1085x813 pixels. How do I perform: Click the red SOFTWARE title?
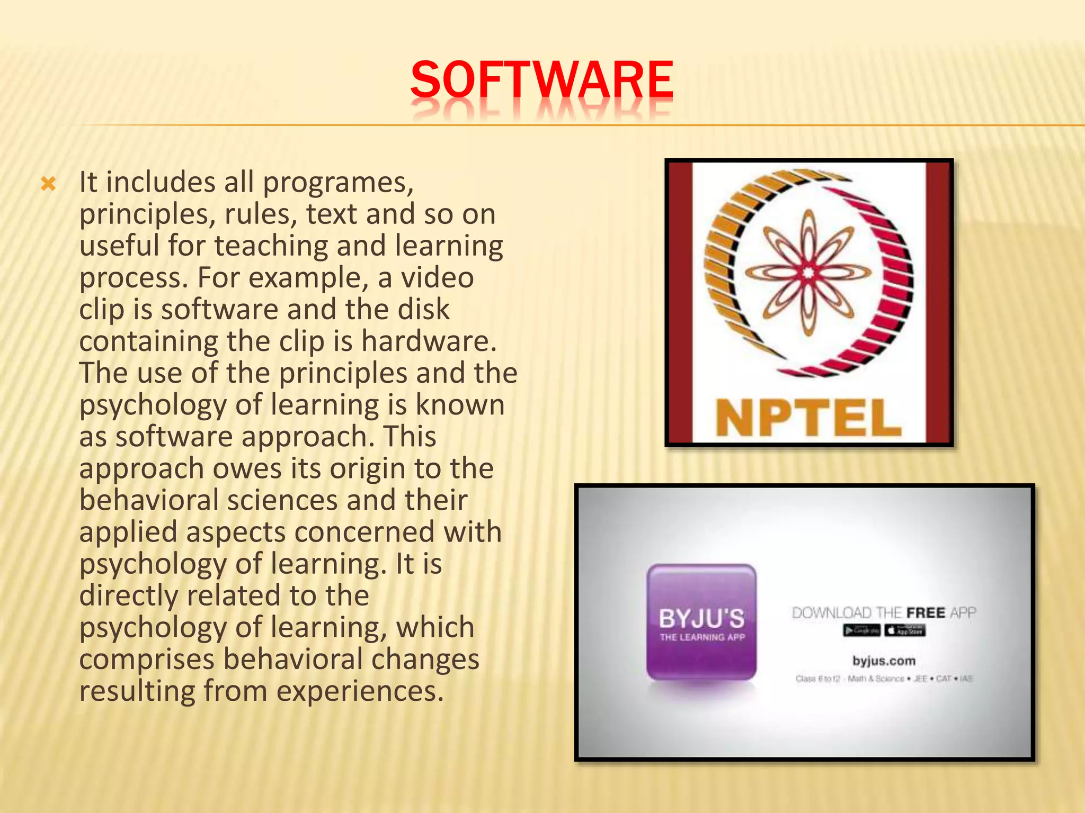click(x=541, y=80)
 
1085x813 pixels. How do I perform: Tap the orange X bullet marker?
click(x=48, y=185)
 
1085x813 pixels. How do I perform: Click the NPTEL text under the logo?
click(x=808, y=418)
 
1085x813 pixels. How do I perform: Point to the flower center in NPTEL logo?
click(x=808, y=273)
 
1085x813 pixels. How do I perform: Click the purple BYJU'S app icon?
click(x=701, y=622)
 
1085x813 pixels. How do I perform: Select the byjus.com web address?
click(x=884, y=661)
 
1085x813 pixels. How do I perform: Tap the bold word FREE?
click(x=926, y=613)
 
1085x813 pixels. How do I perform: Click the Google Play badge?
click(x=861, y=630)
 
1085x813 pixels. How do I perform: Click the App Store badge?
click(x=905, y=630)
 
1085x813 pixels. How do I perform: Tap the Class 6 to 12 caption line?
click(x=884, y=679)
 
